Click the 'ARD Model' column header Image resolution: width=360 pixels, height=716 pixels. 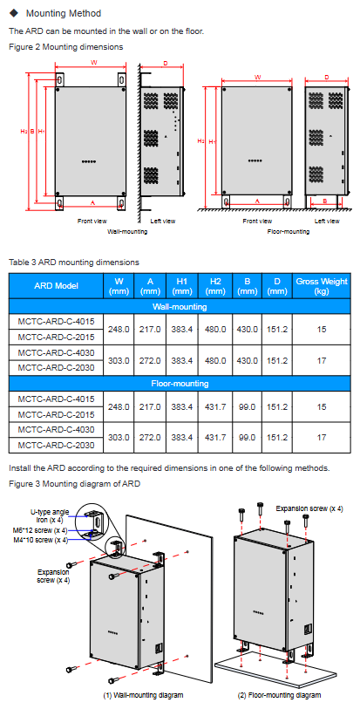(56, 286)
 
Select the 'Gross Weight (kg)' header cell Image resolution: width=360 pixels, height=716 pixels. (322, 286)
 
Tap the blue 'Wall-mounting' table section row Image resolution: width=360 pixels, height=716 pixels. (180, 306)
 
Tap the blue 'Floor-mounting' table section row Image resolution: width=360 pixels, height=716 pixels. (180, 384)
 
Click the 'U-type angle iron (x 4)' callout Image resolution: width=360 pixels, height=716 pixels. (50, 515)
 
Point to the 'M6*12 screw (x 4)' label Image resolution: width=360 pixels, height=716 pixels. (40, 530)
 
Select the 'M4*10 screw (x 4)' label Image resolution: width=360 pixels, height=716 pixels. (40, 540)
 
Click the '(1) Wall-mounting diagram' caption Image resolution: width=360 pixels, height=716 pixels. (143, 695)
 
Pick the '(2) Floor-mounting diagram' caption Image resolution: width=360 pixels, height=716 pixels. (279, 695)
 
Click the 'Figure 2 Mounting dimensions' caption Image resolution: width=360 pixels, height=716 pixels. (66, 46)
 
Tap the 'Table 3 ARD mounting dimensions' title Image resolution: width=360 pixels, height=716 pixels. (74, 263)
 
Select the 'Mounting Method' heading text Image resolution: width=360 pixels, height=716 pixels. (64, 13)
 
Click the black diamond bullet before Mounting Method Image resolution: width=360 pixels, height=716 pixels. (14, 13)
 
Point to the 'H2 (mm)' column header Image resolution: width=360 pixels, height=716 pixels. (215, 286)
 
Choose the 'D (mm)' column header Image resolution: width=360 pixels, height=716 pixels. (277, 286)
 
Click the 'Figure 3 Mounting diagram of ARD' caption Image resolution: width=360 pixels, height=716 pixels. (74, 483)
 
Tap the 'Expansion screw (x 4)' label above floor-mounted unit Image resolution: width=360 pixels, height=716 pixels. (309, 508)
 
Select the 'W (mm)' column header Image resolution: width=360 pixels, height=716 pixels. (119, 286)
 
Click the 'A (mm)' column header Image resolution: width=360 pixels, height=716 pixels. (150, 286)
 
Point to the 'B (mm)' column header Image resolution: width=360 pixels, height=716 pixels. (248, 286)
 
